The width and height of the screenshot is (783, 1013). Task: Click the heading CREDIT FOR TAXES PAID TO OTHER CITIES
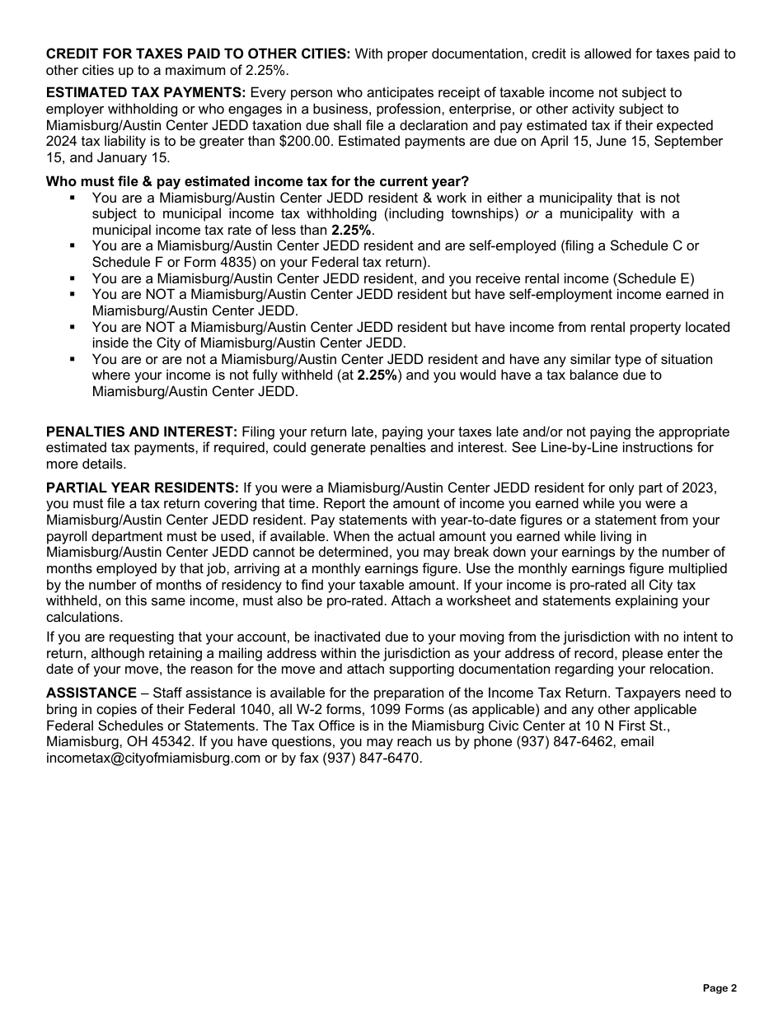198,54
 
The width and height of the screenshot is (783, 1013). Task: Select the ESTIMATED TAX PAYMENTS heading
146,93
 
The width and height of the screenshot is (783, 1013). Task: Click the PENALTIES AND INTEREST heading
142,432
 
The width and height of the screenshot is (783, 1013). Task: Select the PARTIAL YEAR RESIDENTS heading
143,488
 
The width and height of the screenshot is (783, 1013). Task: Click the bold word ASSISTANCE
91,693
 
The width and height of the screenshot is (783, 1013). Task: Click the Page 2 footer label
720,988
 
